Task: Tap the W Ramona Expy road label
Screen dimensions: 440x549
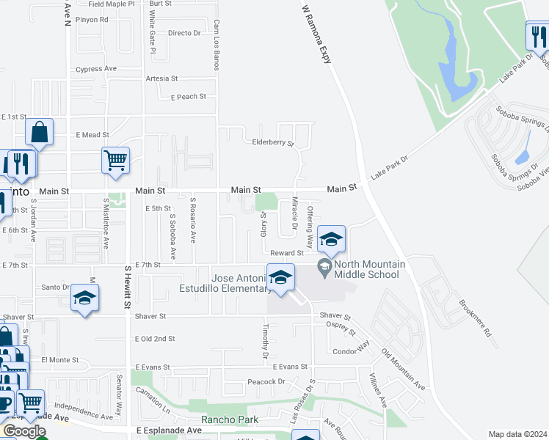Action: [x=316, y=35]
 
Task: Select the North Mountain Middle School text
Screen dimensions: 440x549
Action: [x=367, y=270]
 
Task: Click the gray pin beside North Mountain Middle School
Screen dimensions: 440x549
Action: [x=324, y=265]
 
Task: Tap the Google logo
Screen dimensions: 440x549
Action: [x=24, y=431]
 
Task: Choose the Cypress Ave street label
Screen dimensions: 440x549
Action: [x=96, y=69]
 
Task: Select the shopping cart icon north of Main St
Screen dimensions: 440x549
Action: [x=115, y=160]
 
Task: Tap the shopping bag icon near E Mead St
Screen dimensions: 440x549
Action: [x=40, y=133]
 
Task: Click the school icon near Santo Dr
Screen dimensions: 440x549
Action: [x=84, y=298]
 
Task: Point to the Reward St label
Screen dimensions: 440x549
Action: [x=286, y=253]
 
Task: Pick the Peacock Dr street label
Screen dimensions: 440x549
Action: [x=266, y=381]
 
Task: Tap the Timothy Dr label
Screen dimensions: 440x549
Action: [x=265, y=343]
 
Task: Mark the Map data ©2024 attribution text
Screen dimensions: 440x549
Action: [x=517, y=434]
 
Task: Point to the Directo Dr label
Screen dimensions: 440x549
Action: [x=183, y=33]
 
